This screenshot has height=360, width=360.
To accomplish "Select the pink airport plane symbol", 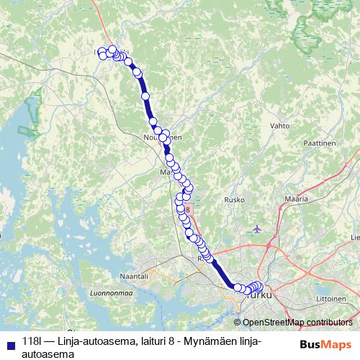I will click(257, 229).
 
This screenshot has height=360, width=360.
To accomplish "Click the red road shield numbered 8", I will click(186, 210).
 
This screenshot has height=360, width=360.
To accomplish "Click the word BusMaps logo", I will click(325, 344).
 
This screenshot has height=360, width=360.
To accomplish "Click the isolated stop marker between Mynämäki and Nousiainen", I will click(145, 96).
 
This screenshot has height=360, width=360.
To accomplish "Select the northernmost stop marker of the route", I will click(112, 49).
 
